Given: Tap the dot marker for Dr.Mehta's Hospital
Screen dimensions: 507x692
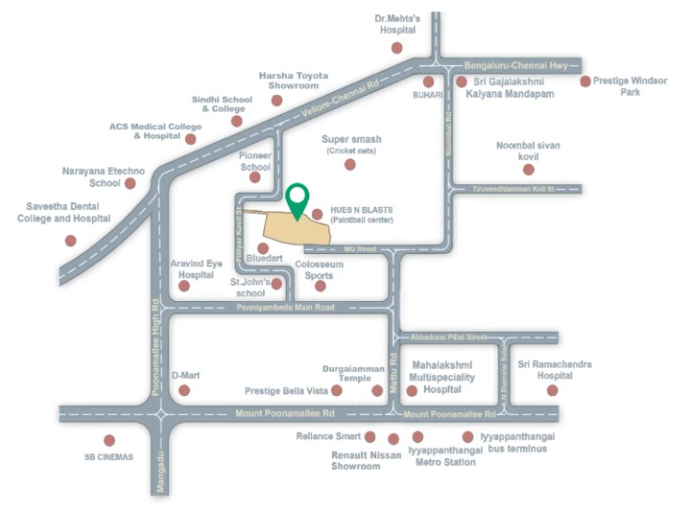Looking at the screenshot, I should pos(397,47).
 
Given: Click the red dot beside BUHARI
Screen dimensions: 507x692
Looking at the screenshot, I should pos(429,82).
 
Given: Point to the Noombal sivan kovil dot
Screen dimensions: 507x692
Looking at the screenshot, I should pos(528,169).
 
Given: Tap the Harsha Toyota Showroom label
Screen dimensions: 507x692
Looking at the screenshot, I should pos(293,81).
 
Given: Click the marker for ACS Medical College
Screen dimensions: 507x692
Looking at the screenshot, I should pos(191,139).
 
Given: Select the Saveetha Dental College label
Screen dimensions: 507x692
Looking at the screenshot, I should pos(64,213).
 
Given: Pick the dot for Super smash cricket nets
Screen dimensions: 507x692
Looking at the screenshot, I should pos(350,165).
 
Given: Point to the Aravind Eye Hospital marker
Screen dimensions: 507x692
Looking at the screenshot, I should pos(183,285).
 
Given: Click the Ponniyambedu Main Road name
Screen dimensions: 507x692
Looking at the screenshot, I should pos(285,308).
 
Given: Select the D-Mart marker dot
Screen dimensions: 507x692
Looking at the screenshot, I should pos(184,389).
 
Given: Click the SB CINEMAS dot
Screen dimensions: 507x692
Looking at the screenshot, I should pos(109,440).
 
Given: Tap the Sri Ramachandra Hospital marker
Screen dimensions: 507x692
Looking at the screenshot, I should pos(552,389).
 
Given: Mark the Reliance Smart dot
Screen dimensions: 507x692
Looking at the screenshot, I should pos(370,437).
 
